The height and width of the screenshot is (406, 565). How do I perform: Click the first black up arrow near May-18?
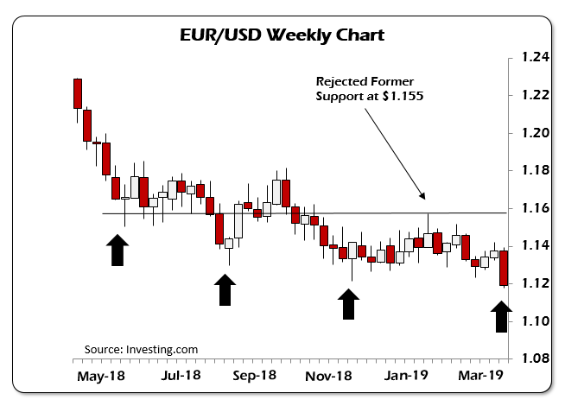pos(117,251)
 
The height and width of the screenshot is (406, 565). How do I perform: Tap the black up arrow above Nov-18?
pos(348,304)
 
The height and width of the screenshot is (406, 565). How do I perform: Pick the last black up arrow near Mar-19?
pos(501,316)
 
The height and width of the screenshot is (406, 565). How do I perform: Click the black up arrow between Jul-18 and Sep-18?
pos(225,289)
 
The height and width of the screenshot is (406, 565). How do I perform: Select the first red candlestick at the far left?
pos(78,93)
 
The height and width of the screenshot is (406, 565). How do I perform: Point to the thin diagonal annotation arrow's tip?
pos(423,199)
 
